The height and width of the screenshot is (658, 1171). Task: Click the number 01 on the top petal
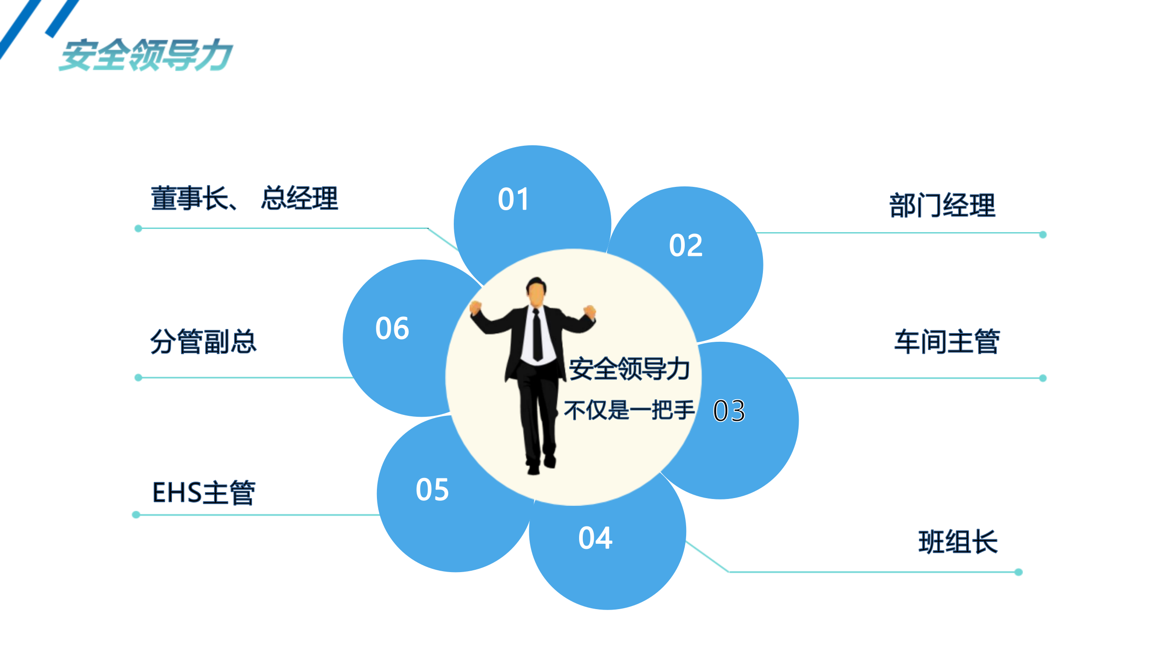point(513,199)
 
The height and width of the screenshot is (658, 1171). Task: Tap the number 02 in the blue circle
point(686,245)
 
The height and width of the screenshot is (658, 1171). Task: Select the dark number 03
point(729,410)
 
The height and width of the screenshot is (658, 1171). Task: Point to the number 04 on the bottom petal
point(595,538)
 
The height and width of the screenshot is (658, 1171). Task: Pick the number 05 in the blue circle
point(432,490)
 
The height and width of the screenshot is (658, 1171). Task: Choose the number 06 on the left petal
point(392,328)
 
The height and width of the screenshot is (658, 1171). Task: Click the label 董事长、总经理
point(245,198)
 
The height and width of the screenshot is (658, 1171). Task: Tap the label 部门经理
point(942,205)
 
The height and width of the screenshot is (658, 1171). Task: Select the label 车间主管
point(947,341)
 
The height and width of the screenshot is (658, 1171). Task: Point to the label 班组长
point(958,542)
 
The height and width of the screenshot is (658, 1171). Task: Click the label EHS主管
point(204,493)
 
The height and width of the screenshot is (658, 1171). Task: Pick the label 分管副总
point(204,341)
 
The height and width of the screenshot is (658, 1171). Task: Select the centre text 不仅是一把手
point(629,410)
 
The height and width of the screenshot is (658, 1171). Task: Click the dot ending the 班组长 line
point(1019,572)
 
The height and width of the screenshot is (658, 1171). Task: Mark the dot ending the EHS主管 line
point(136,515)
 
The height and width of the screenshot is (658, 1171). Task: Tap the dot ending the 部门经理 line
point(1043,234)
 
